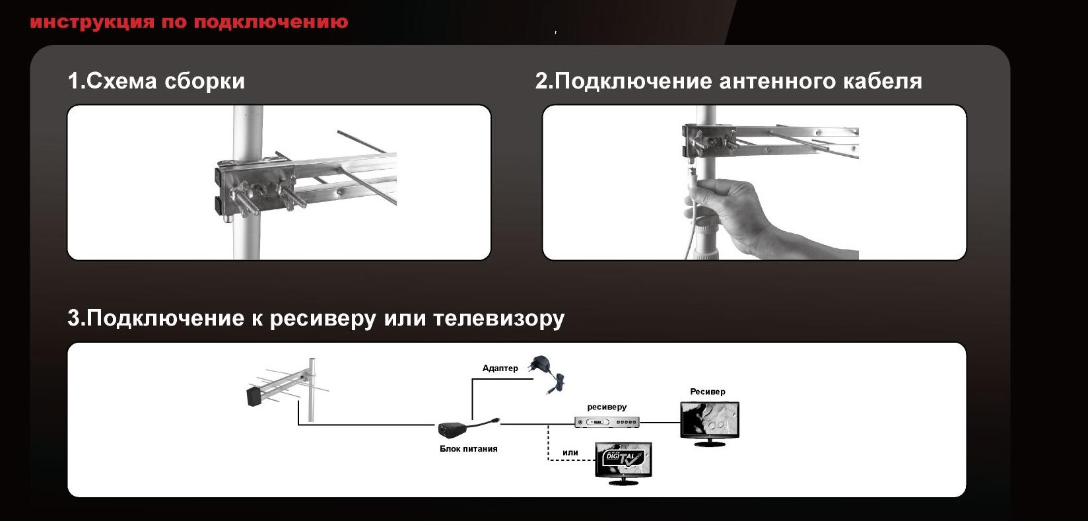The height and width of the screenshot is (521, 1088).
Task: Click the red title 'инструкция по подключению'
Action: pos(189,22)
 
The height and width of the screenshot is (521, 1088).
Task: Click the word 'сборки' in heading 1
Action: pos(205,81)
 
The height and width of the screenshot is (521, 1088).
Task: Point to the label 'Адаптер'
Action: pos(500,368)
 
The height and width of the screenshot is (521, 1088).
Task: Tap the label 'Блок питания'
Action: pos(468,448)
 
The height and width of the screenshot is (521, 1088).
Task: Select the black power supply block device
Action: pos(454,429)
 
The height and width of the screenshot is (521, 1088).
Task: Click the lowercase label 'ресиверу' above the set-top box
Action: pos(607,407)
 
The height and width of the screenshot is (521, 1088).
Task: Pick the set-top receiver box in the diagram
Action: pos(607,423)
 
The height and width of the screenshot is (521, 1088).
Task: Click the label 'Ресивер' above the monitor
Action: pos(708,391)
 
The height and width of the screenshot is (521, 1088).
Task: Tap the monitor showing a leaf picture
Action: pos(710,423)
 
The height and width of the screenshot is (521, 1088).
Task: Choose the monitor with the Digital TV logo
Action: pos(624,463)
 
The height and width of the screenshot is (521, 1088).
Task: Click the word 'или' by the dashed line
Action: pos(570,452)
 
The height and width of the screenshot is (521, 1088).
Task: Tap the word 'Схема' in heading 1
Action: pos(121,81)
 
